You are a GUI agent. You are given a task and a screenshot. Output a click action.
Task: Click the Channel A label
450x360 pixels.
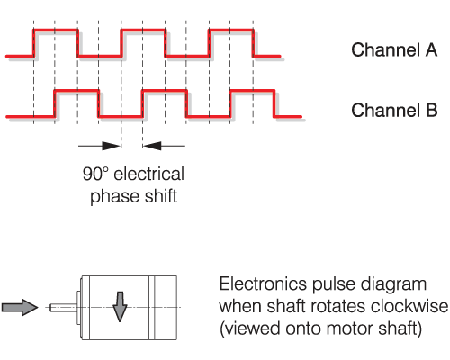point(394,49)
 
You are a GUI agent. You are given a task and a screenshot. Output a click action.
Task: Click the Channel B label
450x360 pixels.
point(394,110)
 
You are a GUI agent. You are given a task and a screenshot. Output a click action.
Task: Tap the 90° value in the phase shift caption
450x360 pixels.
point(95,174)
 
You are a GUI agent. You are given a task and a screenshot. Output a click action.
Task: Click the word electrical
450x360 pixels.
point(149,174)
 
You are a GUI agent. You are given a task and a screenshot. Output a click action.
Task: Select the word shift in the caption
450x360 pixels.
point(161,196)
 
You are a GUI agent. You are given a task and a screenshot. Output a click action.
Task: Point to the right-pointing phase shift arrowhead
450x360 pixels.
point(111,146)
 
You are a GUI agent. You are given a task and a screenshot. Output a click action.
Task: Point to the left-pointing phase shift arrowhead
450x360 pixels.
point(152,146)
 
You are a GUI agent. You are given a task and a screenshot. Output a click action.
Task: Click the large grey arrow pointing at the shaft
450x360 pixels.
point(20,307)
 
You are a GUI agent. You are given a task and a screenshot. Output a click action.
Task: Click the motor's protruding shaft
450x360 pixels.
point(63,308)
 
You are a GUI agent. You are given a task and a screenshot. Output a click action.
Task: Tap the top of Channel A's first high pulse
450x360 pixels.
point(56,30)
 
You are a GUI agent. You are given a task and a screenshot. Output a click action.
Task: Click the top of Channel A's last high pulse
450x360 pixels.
point(231,30)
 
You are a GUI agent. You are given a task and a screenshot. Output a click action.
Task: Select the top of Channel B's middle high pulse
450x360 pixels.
point(165,90)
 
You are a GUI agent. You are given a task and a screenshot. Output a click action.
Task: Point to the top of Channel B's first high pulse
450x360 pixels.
point(76,90)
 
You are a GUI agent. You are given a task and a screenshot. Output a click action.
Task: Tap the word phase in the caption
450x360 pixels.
point(114,196)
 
